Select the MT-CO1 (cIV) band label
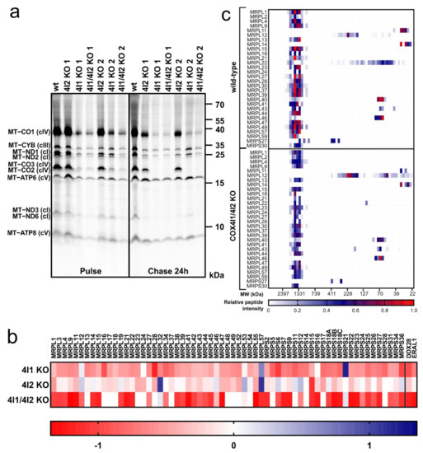click(28, 131)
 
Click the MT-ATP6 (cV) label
click(28, 177)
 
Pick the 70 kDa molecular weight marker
click(220, 105)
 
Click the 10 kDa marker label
click(220, 226)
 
